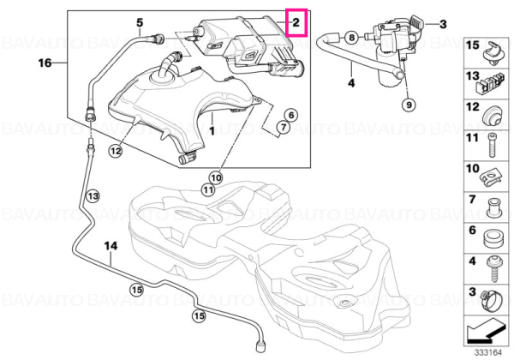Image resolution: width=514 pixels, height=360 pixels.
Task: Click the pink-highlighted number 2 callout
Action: click(296, 22)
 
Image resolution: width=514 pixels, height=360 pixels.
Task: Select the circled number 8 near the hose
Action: click(352, 37)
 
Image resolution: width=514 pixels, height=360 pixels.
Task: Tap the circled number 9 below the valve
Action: click(409, 105)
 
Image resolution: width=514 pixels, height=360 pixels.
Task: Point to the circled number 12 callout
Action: click(116, 151)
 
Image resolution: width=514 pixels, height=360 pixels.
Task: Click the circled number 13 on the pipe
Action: click(93, 196)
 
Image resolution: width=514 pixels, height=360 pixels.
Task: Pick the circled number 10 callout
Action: click(216, 178)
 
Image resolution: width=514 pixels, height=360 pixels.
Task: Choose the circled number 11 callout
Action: click(208, 189)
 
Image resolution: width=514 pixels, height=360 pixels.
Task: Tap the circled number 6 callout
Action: click(291, 115)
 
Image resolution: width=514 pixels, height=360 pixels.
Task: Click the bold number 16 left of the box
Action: click(45, 63)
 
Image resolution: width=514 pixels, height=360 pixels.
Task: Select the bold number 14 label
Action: click(111, 246)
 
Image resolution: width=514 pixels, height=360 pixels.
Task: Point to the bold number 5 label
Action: click(140, 22)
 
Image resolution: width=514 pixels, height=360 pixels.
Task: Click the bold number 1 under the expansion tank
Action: click(212, 131)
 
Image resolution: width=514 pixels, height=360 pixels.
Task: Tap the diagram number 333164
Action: click(488, 353)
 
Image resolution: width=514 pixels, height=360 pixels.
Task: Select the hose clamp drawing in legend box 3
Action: click(492, 302)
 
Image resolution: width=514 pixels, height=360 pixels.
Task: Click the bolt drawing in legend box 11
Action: click(492, 145)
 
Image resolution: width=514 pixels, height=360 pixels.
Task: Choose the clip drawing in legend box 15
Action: click(493, 53)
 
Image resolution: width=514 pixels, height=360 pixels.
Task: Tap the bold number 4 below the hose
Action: click(351, 82)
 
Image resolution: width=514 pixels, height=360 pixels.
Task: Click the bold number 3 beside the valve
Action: click(443, 24)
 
